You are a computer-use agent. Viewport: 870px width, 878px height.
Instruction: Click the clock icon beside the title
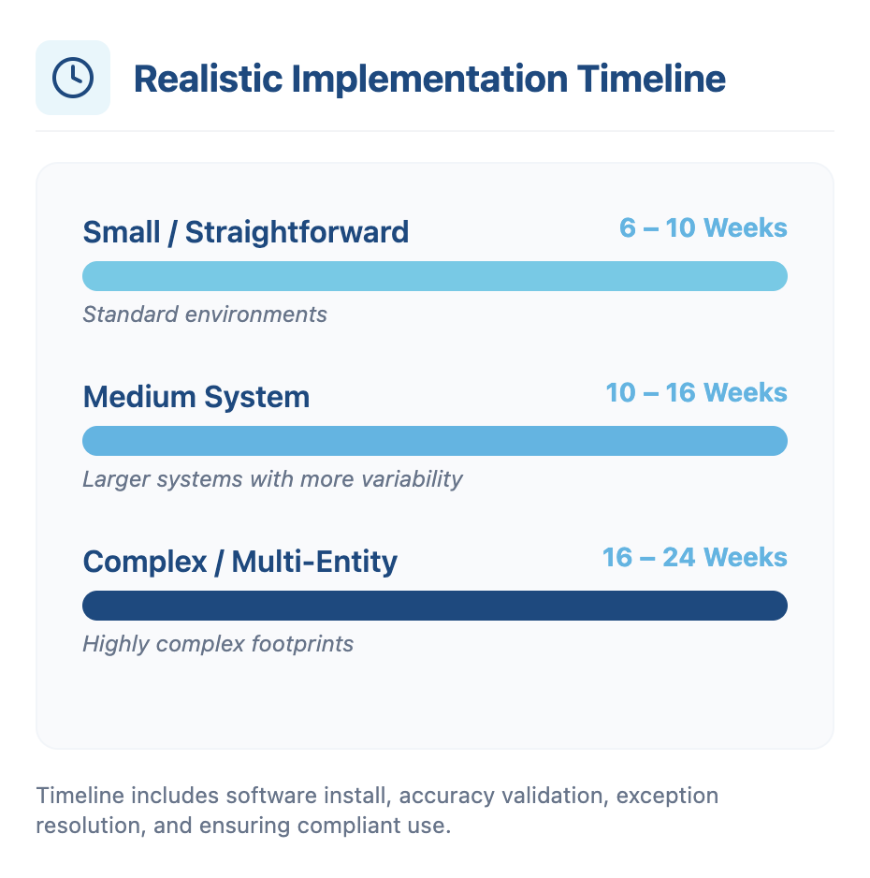[73, 78]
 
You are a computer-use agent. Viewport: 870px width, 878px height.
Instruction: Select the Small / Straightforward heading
[246, 232]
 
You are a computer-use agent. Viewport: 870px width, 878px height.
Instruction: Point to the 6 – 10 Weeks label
[703, 227]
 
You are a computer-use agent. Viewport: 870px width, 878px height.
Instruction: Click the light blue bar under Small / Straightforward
[435, 276]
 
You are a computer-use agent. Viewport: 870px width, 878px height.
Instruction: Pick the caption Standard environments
[205, 314]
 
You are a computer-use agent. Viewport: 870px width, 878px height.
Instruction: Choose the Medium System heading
[196, 397]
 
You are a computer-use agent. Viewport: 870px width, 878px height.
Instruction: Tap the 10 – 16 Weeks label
[696, 392]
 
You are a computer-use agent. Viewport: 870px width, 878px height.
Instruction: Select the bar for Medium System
[435, 441]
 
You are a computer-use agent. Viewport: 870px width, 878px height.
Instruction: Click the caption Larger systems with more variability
[272, 479]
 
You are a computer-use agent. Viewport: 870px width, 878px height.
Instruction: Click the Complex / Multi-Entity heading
[240, 562]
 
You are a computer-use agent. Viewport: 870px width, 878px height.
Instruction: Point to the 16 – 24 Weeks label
[694, 558]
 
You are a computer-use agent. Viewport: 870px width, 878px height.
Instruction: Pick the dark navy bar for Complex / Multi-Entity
[435, 606]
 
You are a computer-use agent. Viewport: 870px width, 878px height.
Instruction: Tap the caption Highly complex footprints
[218, 644]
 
